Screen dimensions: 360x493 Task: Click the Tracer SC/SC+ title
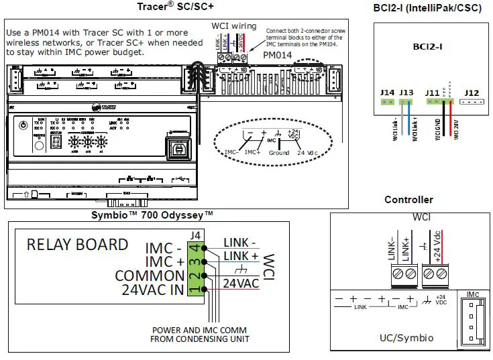point(175,7)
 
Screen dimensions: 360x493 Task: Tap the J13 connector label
point(405,93)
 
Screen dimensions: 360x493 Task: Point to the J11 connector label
point(433,93)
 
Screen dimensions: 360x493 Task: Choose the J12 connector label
point(472,93)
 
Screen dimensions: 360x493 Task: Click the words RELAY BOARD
point(77,244)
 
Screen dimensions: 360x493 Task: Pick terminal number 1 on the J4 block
point(195,289)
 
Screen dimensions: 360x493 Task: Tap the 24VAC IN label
point(153,290)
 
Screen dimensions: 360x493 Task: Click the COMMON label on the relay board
point(148,275)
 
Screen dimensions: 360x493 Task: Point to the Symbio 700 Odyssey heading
point(152,215)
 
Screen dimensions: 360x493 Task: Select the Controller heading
point(408,200)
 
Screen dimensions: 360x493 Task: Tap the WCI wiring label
point(233,26)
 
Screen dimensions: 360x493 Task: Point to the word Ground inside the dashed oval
point(279,153)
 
